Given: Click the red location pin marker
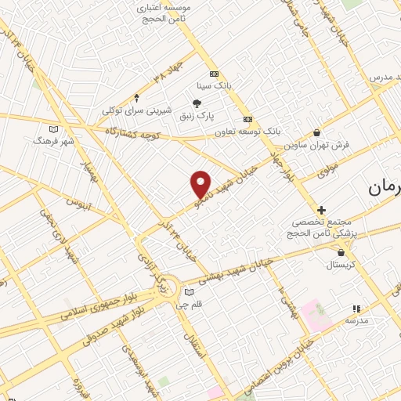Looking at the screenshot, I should [x=201, y=183].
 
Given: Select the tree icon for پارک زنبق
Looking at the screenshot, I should [x=197, y=103].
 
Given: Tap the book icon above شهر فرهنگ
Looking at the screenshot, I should [x=53, y=129].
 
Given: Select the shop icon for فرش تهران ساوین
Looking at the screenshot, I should [x=316, y=132].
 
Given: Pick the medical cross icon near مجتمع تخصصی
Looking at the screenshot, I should [x=321, y=210].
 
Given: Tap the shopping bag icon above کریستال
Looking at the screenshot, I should [x=341, y=251].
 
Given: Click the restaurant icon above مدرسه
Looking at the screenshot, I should [x=356, y=309].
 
